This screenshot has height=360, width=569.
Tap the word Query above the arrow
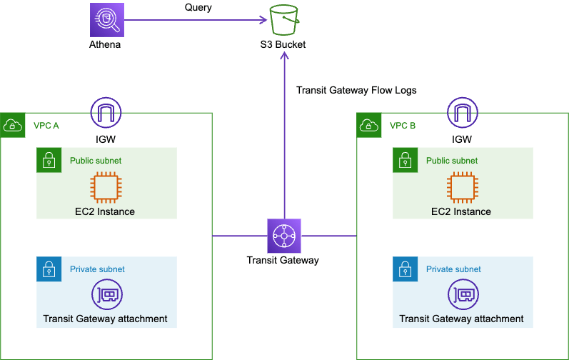click(198, 8)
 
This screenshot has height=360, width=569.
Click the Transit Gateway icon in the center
click(283, 236)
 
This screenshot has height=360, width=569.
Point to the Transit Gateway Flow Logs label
click(356, 91)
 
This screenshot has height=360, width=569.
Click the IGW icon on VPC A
click(106, 113)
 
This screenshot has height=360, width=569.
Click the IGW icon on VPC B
click(462, 113)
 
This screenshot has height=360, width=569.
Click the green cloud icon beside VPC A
click(12, 126)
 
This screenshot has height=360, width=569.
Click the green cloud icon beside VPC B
click(368, 126)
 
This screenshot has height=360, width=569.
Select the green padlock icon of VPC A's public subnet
click(49, 161)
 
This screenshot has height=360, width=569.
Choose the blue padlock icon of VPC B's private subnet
click(405, 269)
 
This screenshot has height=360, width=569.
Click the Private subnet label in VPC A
click(97, 269)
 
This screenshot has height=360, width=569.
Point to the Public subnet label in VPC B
click(452, 161)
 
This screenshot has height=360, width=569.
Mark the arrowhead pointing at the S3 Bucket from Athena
click(263, 20)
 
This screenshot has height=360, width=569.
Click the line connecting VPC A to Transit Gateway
click(239, 236)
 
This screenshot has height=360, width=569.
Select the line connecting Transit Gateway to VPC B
click(328, 236)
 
